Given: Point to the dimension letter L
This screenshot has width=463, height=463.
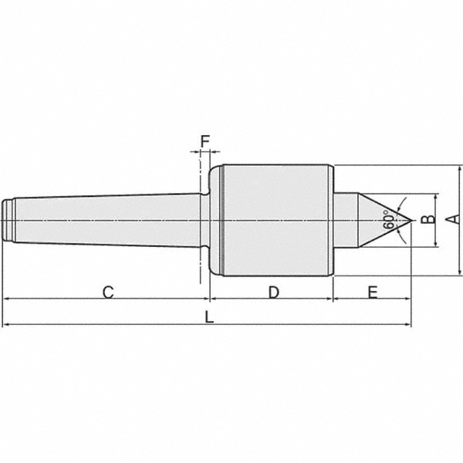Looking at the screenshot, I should pos(209,317).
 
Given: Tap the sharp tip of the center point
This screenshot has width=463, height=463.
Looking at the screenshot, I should pos(410,220).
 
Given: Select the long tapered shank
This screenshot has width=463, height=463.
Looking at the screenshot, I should pos(108,220).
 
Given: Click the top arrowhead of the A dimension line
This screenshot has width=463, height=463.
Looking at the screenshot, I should pos(460,169).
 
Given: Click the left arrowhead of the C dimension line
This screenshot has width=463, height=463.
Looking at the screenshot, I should pos(6,298).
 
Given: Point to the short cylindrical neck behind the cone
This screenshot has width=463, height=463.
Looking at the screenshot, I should pos(344,220).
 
